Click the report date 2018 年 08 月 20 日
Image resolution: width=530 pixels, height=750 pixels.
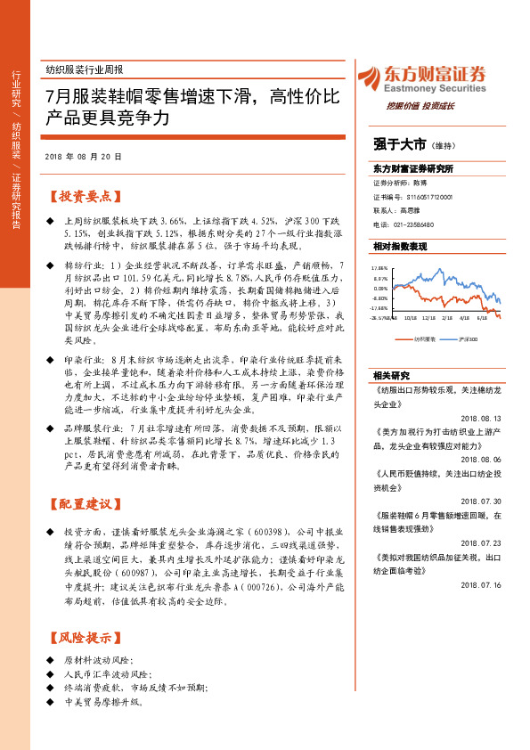pyautogui.click(x=82, y=156)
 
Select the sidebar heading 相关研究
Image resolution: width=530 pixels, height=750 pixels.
pyautogui.click(x=390, y=375)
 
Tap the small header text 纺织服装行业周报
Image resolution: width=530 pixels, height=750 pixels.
pyautogui.click(x=84, y=69)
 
